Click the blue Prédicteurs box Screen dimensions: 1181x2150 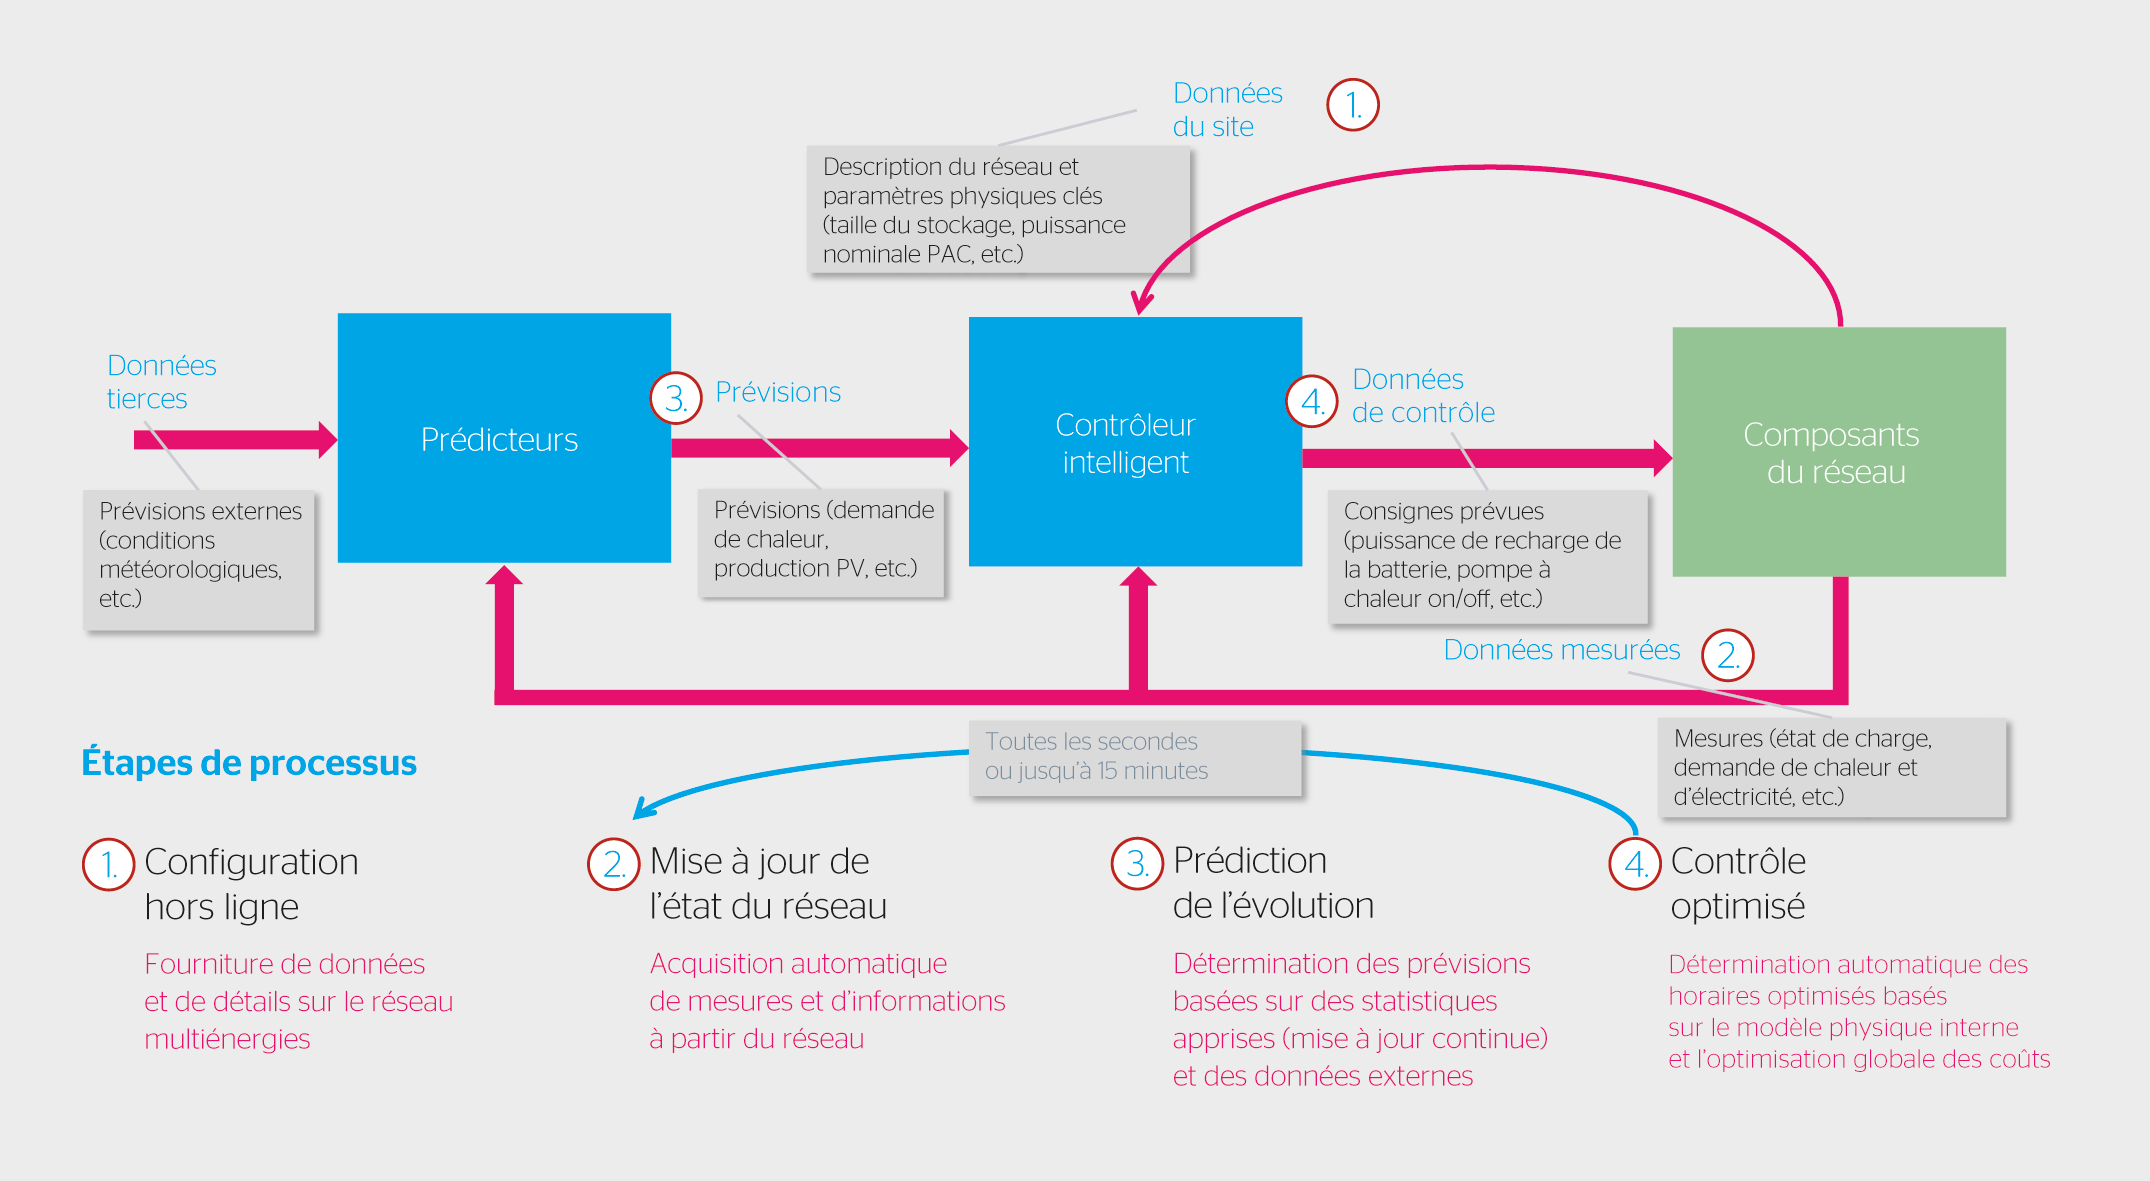click(503, 438)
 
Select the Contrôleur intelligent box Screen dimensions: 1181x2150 click(1134, 442)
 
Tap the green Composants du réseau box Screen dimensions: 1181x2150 click(1838, 452)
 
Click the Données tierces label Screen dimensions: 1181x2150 click(161, 382)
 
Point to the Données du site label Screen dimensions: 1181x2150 click(1226, 110)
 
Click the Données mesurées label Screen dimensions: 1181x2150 click(1561, 650)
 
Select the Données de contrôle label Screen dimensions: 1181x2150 click(1422, 396)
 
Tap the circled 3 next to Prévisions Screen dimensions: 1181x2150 click(676, 398)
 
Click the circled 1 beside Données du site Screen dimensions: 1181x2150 click(1352, 105)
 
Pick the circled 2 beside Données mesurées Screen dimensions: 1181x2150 click(1727, 655)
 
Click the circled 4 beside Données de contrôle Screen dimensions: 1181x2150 click(1311, 401)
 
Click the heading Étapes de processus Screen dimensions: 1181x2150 click(249, 763)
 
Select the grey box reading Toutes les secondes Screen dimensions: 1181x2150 click(1134, 758)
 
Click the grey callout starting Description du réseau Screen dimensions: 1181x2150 click(997, 210)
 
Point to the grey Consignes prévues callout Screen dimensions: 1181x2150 click(1486, 556)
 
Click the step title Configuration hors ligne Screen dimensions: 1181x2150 click(251, 884)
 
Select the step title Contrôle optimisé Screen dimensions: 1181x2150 click(1737, 884)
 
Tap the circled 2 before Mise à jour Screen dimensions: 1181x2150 click(613, 864)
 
